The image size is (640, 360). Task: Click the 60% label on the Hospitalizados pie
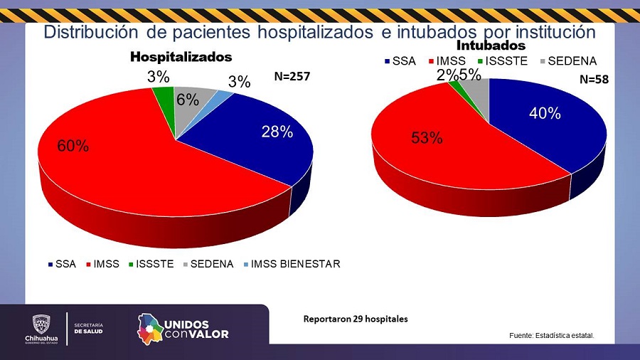(x=73, y=146)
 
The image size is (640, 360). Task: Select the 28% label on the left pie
(x=277, y=132)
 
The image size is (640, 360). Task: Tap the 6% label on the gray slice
(x=187, y=100)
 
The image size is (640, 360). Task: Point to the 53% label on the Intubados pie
(x=427, y=137)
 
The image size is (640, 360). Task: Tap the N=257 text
(x=293, y=76)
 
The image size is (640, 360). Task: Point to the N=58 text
(x=592, y=80)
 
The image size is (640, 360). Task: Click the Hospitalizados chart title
(x=181, y=56)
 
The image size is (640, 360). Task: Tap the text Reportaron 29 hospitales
(x=356, y=319)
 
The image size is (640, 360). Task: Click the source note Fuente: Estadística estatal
(x=551, y=335)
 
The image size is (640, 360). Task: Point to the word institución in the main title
(x=549, y=32)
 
